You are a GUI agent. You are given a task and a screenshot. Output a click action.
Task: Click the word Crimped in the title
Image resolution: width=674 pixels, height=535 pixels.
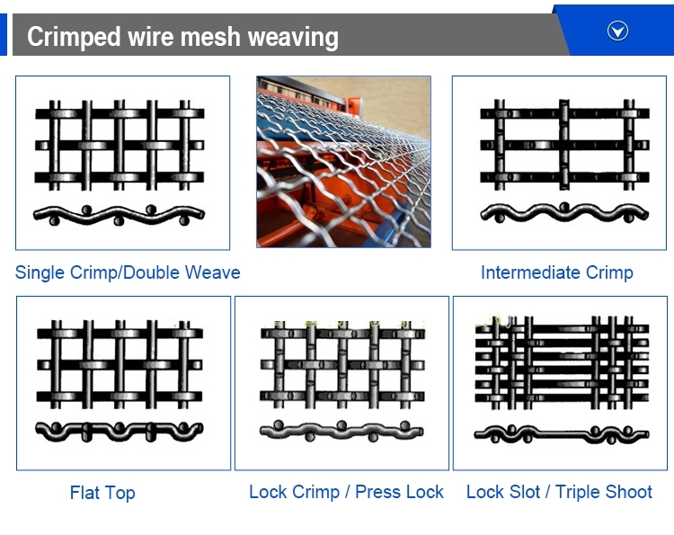(x=75, y=37)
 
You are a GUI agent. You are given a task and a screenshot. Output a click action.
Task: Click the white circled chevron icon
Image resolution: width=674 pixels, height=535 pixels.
(x=617, y=31)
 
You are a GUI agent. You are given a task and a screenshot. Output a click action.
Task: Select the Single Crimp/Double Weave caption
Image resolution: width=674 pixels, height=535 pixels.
(x=128, y=272)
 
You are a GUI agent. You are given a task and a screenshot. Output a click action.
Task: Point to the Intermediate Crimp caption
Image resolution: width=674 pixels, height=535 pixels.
(x=557, y=272)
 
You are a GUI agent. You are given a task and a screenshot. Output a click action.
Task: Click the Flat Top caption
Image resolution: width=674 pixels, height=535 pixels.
(x=102, y=493)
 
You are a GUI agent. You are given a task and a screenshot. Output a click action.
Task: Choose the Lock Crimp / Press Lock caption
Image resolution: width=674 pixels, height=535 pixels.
(x=346, y=492)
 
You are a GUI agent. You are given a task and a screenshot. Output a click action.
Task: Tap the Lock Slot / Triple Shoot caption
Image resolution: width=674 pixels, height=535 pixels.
(x=559, y=492)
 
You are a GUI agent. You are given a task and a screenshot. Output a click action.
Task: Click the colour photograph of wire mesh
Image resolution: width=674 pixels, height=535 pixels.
(x=343, y=162)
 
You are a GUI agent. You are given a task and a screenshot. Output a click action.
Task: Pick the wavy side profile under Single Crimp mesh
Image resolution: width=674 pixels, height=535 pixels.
(x=120, y=216)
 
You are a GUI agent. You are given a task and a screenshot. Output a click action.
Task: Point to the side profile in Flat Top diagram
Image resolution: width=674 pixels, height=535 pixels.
(x=120, y=430)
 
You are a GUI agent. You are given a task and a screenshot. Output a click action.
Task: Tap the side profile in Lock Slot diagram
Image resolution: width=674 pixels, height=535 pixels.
(x=559, y=434)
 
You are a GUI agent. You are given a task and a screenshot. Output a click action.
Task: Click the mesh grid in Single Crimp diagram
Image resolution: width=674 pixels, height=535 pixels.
(x=120, y=144)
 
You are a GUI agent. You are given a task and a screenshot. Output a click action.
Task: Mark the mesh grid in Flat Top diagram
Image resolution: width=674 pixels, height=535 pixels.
(x=120, y=364)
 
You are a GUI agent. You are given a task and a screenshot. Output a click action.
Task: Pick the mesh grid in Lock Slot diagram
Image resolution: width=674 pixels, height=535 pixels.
(x=559, y=360)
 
